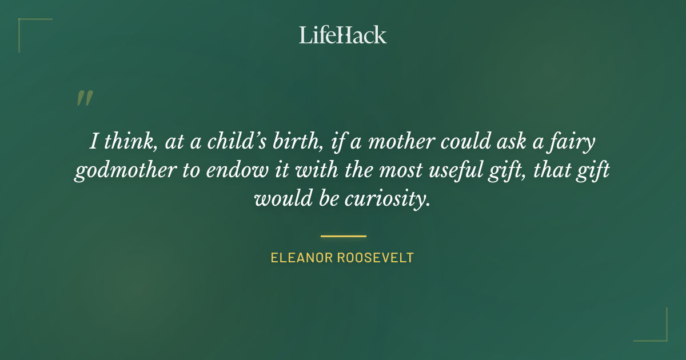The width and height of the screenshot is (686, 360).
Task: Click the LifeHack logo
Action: point(343,35)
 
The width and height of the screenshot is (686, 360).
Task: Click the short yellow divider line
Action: point(343,235)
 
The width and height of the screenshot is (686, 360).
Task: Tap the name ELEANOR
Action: point(301,258)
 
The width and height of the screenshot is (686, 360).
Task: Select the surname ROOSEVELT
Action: point(376,258)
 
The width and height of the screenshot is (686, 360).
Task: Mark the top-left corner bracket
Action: point(23,23)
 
